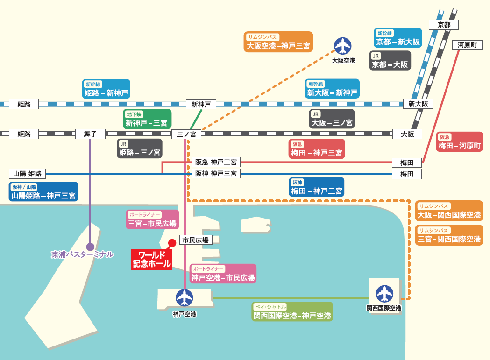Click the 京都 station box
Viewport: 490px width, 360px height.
pyautogui.click(x=444, y=25)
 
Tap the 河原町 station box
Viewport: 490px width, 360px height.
pyautogui.click(x=467, y=45)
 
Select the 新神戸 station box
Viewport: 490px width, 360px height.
pyautogui.click(x=201, y=104)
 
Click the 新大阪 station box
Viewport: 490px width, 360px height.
pyautogui.click(x=418, y=104)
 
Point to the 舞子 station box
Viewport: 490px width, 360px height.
pyautogui.click(x=90, y=134)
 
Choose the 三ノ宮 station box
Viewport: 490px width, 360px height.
pyautogui.click(x=186, y=134)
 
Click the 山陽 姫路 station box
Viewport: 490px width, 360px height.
pyautogui.click(x=28, y=174)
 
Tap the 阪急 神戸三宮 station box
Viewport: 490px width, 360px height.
pyautogui.click(x=216, y=162)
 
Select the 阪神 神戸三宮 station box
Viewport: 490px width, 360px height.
pyautogui.click(x=216, y=174)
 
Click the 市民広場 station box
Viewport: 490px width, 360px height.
pyautogui.click(x=196, y=240)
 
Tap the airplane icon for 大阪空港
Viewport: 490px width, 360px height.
pyautogui.click(x=343, y=46)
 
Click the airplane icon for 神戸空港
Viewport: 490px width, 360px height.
pyautogui.click(x=185, y=297)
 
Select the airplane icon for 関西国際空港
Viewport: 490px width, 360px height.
pyautogui.click(x=384, y=294)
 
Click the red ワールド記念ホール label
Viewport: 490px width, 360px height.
pyautogui.click(x=152, y=260)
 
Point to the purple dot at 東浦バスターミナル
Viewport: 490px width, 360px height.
pyautogui.click(x=90, y=247)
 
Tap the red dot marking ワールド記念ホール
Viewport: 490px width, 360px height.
pyautogui.click(x=172, y=242)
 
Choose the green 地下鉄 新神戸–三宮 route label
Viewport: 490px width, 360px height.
pyautogui.click(x=147, y=119)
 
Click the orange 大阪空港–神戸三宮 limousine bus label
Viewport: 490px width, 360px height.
pyautogui.click(x=279, y=42)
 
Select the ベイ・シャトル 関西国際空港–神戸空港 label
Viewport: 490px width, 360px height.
pyautogui.click(x=292, y=311)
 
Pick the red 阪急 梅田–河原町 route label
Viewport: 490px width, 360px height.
pyautogui.click(x=460, y=141)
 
